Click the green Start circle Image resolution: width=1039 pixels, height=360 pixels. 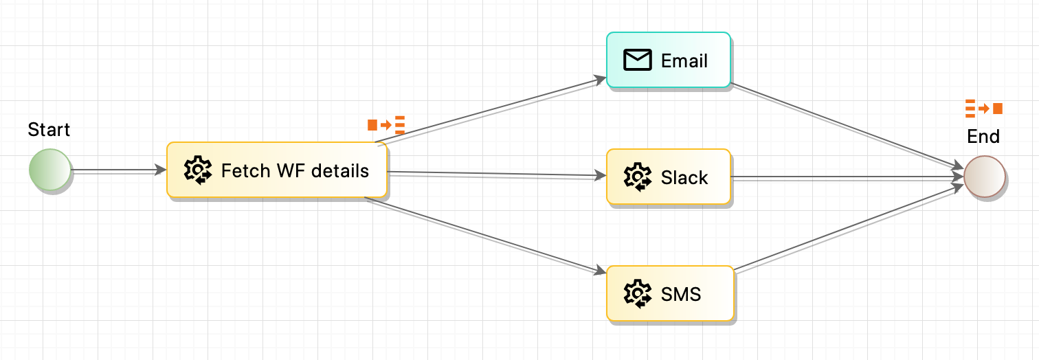point(50,170)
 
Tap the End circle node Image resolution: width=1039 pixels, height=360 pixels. point(984,177)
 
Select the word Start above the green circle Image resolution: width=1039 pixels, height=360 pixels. point(49,130)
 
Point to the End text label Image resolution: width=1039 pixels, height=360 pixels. point(983,137)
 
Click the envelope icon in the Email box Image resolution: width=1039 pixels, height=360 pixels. point(637,60)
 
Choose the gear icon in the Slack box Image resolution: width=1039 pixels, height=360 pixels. point(637,177)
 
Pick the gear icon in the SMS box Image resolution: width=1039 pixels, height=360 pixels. point(637,294)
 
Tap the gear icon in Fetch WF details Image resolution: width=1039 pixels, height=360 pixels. point(198,170)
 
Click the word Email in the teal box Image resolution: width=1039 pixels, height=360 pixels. point(684,61)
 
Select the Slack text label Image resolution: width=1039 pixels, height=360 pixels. point(684,178)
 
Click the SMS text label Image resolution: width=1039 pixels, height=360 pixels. point(681,295)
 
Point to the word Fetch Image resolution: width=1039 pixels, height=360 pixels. point(243,170)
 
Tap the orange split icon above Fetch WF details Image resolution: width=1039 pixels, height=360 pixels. point(386,125)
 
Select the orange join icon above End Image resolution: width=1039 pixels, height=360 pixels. point(983,108)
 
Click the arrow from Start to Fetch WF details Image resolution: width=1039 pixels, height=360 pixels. point(119,170)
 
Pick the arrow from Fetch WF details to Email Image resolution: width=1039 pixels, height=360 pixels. point(491,112)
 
